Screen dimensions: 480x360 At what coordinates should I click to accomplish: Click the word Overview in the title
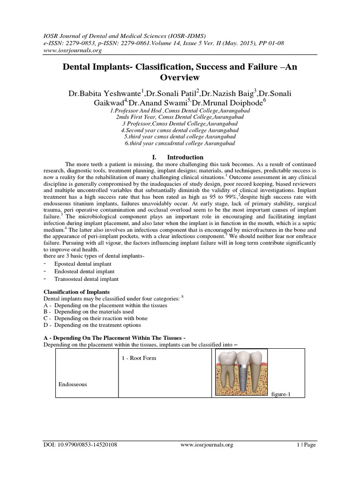tap(180, 77)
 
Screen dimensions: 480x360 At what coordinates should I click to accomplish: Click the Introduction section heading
tap(185, 157)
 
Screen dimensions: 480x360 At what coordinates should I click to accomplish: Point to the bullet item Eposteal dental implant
tap(80, 264)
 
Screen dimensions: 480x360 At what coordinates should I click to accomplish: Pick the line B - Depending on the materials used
tap(89, 311)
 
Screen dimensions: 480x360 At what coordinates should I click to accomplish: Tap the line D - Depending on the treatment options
tap(92, 325)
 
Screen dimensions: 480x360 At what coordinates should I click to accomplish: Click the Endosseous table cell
tap(73, 384)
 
